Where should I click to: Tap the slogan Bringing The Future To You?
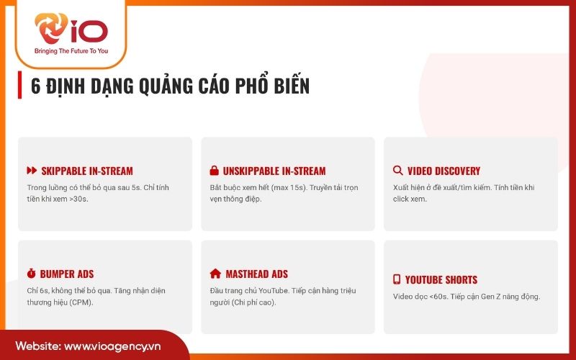71,52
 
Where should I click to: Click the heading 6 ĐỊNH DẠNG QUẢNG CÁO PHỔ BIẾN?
170,85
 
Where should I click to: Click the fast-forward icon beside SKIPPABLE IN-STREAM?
31,171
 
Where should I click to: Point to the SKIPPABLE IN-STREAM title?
86,171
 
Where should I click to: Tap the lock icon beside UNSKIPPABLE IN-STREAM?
214,171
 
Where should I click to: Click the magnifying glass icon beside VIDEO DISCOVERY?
397,171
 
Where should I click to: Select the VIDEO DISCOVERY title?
444,171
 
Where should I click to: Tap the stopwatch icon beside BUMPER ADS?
31,274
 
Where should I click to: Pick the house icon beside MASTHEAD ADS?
215,274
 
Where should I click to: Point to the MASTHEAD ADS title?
256,274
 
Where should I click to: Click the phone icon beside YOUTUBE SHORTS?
396,279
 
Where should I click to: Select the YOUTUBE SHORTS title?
441,279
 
